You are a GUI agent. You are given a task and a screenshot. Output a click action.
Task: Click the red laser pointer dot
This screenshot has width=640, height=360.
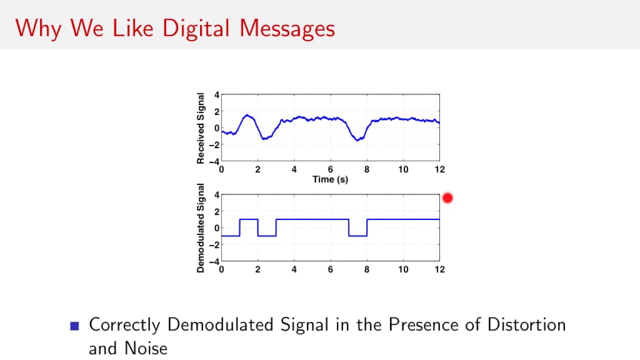click(447, 198)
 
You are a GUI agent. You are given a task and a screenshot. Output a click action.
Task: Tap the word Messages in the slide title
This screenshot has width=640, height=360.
click(287, 28)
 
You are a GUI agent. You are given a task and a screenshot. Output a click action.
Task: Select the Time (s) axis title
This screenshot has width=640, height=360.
click(330, 179)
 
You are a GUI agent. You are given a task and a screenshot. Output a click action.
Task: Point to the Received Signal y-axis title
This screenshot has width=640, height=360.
click(200, 128)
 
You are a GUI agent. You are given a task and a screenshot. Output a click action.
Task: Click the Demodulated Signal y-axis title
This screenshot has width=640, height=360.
click(200, 228)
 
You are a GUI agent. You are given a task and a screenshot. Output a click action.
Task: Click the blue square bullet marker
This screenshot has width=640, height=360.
click(75, 326)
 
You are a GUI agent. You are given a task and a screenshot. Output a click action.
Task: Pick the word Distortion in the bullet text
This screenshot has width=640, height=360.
click(526, 324)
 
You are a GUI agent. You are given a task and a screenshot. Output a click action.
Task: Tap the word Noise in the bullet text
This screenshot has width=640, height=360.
click(145, 348)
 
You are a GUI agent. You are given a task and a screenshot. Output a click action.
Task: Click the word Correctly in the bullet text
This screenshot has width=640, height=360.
click(124, 325)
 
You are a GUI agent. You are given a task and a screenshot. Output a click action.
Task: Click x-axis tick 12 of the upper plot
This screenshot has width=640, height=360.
click(439, 169)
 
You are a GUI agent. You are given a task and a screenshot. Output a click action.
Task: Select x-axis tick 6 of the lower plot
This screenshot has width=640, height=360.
click(330, 269)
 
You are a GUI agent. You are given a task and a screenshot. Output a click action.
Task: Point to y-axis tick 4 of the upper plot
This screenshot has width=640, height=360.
click(216, 95)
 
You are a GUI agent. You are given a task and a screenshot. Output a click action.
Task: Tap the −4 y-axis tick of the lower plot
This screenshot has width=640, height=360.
click(215, 261)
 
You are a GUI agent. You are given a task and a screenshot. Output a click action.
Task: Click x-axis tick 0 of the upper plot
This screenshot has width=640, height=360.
click(221, 169)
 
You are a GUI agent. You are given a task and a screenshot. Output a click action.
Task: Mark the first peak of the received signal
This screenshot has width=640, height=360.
click(247, 116)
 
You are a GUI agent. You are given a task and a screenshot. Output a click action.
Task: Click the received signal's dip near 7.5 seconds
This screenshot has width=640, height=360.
click(357, 139)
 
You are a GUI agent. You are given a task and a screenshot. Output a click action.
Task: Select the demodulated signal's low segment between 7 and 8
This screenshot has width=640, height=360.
click(357, 235)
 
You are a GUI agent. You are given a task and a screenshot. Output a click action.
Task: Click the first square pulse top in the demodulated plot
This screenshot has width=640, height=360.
click(248, 219)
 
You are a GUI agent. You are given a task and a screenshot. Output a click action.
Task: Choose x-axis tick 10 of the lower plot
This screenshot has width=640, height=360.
click(403, 269)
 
